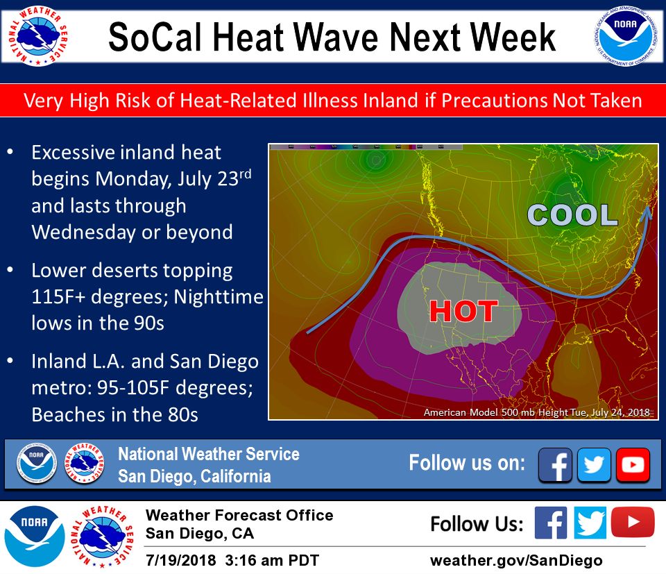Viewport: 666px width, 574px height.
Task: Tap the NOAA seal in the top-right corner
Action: pyautogui.click(x=626, y=36)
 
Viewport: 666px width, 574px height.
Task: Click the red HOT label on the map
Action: pyautogui.click(x=463, y=312)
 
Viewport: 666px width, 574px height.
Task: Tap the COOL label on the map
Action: pyautogui.click(x=572, y=215)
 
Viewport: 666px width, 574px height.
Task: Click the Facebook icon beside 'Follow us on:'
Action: pyautogui.click(x=555, y=464)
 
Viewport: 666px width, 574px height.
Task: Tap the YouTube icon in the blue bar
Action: pyautogui.click(x=633, y=464)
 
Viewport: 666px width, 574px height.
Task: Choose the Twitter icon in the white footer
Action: pyautogui.click(x=590, y=523)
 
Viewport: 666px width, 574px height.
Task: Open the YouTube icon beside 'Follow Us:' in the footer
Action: pyautogui.click(x=632, y=523)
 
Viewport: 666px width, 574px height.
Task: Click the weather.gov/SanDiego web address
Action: pyautogui.click(x=516, y=560)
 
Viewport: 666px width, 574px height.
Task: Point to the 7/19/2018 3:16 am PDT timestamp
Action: pyautogui.click(x=232, y=560)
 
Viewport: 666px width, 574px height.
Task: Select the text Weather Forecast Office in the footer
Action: pyautogui.click(x=239, y=516)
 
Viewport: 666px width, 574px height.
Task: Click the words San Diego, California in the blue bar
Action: pyautogui.click(x=194, y=477)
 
